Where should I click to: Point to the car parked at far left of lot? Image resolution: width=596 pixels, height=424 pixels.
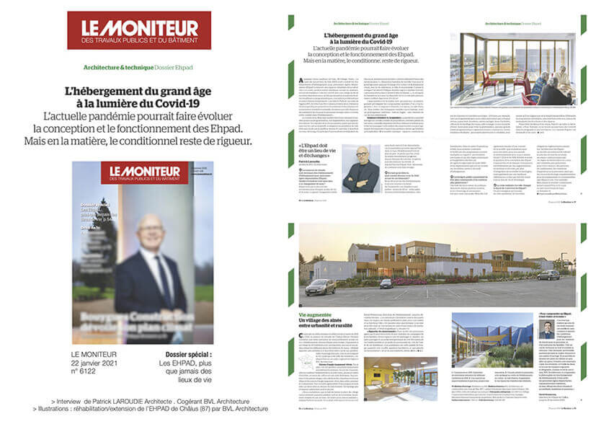pyautogui.click(x=319, y=286)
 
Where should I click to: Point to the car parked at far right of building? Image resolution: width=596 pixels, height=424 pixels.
pyautogui.click(x=548, y=275)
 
